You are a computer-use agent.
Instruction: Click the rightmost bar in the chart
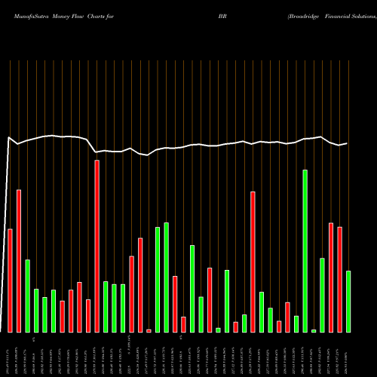coord(348,302)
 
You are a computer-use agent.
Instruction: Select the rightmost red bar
coord(339,279)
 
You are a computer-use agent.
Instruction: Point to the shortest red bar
coord(149,331)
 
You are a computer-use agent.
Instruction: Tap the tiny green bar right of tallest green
coord(314,330)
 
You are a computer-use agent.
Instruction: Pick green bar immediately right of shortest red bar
coord(158,279)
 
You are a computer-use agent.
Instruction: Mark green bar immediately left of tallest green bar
coord(296,324)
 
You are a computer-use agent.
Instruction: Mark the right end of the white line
coord(348,143)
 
